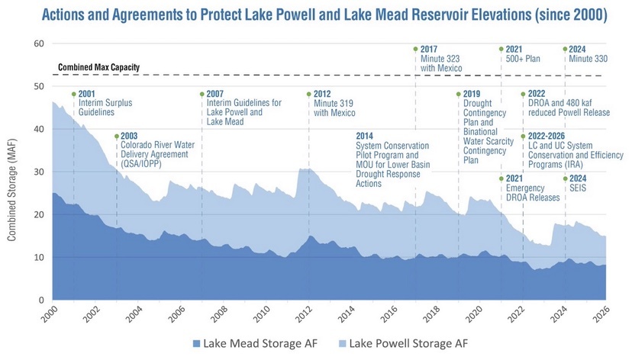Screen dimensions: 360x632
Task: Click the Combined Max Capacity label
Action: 99,68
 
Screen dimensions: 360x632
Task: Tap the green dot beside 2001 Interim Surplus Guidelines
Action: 73,95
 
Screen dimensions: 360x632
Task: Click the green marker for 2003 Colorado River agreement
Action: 116,137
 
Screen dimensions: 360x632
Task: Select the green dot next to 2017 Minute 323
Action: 415,50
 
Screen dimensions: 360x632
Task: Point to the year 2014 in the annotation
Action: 366,136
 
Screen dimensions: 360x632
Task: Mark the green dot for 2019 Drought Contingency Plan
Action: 458,95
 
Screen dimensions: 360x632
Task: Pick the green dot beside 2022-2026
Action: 522,137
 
